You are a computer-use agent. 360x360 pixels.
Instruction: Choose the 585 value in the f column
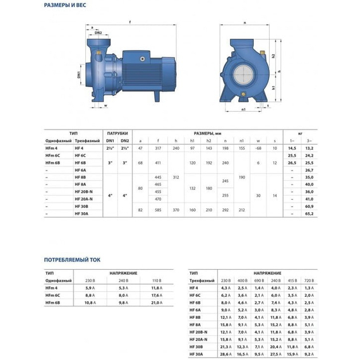[157, 207]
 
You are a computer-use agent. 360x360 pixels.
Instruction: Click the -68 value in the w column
[258, 147]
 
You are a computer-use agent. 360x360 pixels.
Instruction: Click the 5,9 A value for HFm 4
[90, 288]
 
